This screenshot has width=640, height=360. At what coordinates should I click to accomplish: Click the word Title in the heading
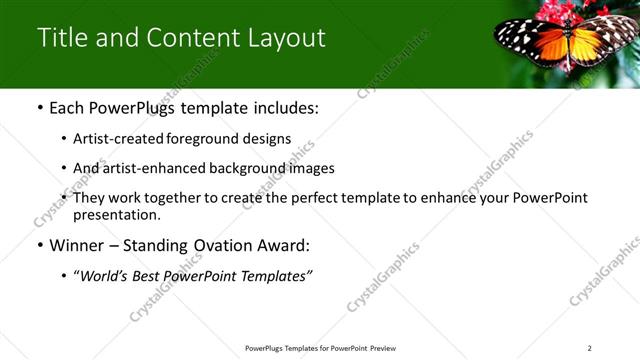coord(61,38)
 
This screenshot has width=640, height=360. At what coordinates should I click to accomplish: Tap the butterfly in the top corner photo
coord(565,42)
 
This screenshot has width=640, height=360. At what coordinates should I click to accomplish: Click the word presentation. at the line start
coord(116,215)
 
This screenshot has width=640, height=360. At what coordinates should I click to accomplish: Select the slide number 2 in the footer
coord(590,348)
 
